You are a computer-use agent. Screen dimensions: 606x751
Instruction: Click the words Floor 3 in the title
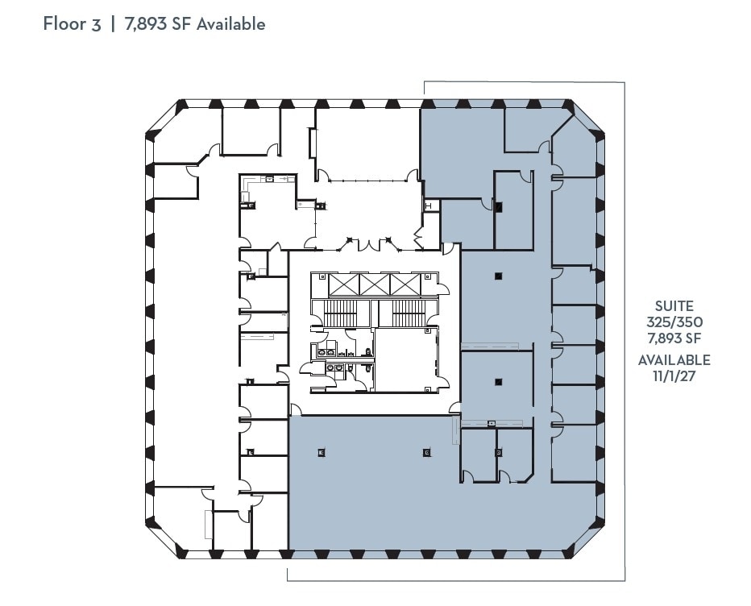(x=72, y=23)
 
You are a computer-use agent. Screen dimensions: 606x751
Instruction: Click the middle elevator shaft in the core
(x=375, y=284)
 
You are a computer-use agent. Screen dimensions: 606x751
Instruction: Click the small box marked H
(x=429, y=206)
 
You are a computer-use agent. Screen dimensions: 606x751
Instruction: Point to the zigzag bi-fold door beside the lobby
(x=418, y=239)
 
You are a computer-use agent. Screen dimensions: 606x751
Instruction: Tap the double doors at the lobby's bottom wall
(x=367, y=242)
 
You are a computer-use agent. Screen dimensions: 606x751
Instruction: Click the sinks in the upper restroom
(x=329, y=351)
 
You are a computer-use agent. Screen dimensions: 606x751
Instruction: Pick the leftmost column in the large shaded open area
(x=322, y=452)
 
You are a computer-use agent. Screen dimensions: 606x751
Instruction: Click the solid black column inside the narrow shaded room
(x=499, y=207)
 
